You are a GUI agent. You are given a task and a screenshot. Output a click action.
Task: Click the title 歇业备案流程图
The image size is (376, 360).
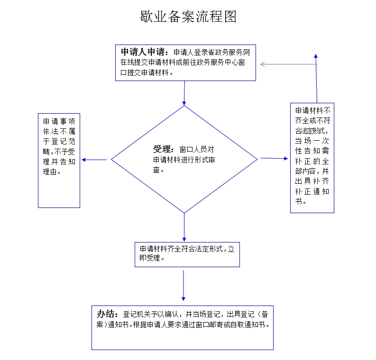tap(188, 17)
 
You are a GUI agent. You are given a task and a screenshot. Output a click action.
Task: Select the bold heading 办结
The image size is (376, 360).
tap(107, 314)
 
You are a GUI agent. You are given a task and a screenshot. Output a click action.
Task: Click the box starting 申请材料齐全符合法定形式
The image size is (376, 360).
tap(187, 254)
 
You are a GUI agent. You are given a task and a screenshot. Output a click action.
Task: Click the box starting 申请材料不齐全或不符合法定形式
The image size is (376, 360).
tap(312, 157)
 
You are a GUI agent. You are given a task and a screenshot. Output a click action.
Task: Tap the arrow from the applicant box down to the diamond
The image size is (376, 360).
tap(184, 93)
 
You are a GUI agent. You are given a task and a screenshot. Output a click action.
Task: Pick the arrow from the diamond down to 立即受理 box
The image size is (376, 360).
tap(184, 227)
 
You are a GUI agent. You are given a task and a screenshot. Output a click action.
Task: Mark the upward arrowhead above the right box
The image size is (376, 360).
tap(316, 56)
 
